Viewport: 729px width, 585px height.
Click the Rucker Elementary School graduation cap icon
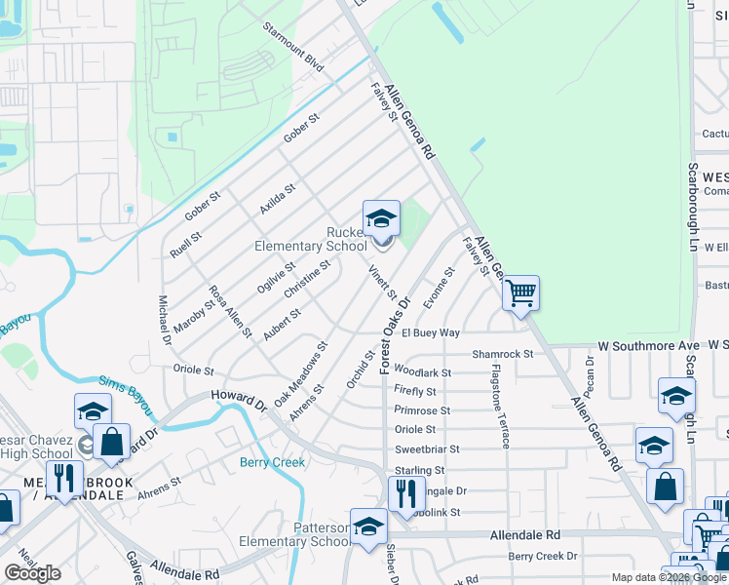(x=381, y=218)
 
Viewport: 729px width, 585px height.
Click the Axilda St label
(x=277, y=199)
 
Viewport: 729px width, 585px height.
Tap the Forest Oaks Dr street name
(x=396, y=332)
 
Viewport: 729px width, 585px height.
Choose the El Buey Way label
(x=430, y=332)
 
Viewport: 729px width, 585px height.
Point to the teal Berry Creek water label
(x=273, y=462)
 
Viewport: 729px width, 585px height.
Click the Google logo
(x=32, y=573)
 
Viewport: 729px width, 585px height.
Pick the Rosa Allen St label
(x=231, y=311)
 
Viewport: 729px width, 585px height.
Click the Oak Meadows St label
(x=300, y=373)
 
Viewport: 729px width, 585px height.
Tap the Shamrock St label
(x=503, y=354)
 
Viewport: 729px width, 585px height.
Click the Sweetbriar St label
(x=426, y=449)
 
